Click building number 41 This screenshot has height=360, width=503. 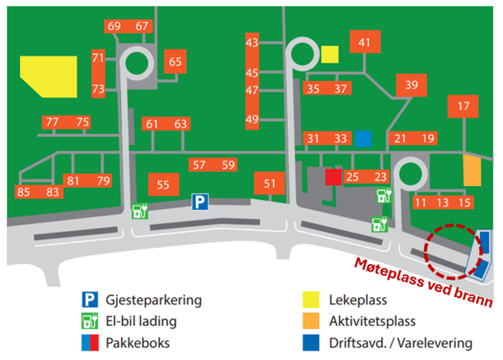click(x=365, y=43)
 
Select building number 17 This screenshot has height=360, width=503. click(x=464, y=106)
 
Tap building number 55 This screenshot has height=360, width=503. click(x=163, y=185)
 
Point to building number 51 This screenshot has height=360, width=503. click(x=269, y=184)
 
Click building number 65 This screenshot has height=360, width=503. click(x=175, y=62)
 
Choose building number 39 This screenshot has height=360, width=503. click(x=412, y=85)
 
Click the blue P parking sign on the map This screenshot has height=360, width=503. click(x=200, y=203)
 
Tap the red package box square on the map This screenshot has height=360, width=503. click(x=333, y=176)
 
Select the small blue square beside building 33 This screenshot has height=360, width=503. click(x=363, y=138)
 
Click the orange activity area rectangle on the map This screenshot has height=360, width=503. click(x=472, y=171)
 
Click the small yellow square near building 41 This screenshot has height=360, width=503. click(x=330, y=54)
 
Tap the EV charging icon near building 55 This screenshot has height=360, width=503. click(x=140, y=211)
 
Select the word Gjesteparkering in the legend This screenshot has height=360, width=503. click(x=153, y=300)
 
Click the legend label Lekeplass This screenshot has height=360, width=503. click(x=358, y=300)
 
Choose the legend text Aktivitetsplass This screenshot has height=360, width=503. click(x=372, y=321)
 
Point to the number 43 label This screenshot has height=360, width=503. click(x=252, y=43)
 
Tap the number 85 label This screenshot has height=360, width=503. click(x=24, y=192)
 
